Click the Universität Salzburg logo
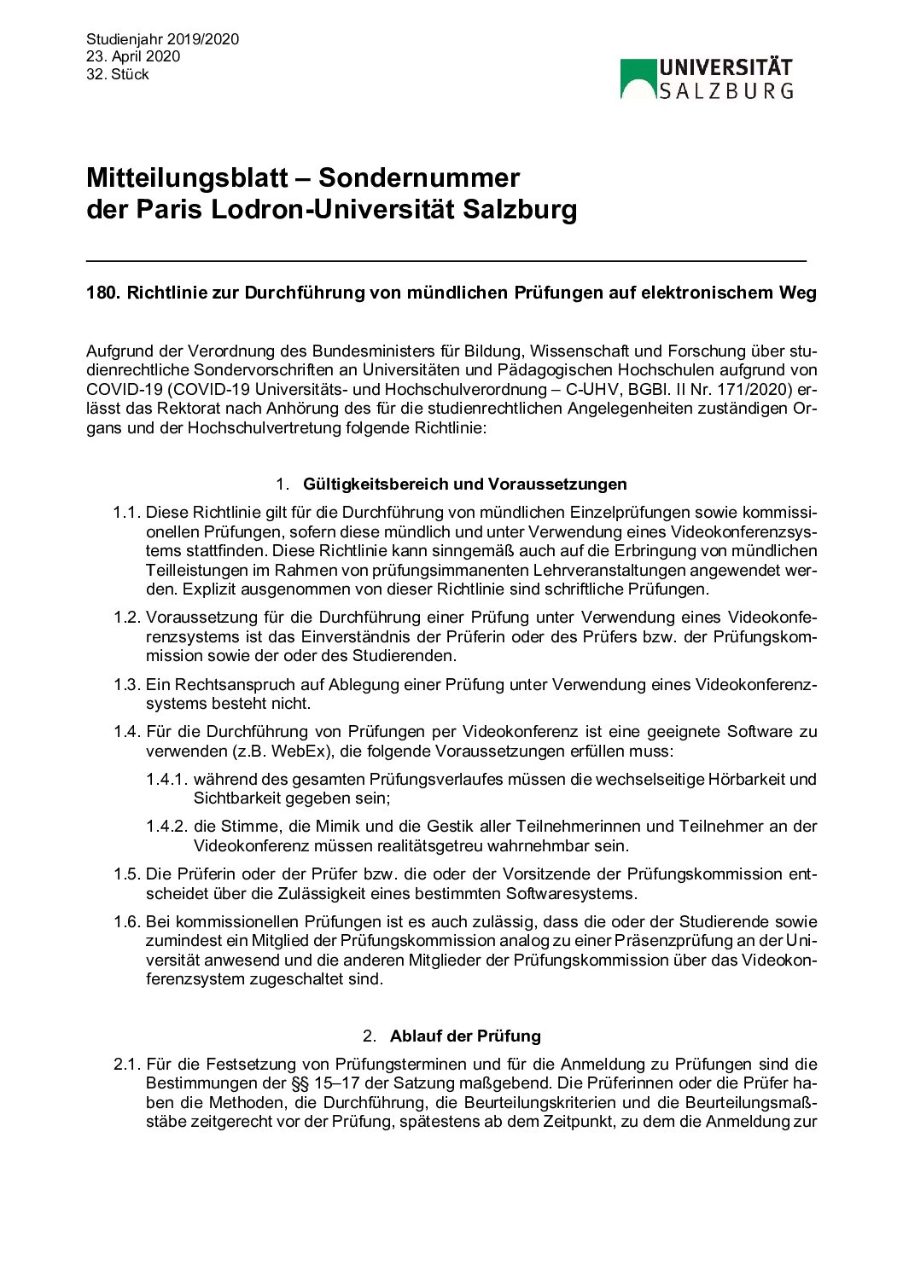click(x=707, y=78)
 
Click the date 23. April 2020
click(x=133, y=56)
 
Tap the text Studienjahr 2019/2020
click(x=162, y=39)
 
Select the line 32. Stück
click(x=118, y=74)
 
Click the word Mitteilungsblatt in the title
click(x=187, y=177)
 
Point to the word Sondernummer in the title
click(x=419, y=177)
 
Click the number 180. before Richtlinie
click(x=104, y=293)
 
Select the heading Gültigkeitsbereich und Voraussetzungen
click(x=464, y=484)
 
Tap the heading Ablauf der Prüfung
click(x=465, y=1036)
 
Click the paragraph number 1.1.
click(x=126, y=512)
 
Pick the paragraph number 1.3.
click(x=126, y=684)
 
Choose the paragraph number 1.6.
click(x=126, y=921)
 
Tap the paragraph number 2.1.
click(x=126, y=1064)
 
